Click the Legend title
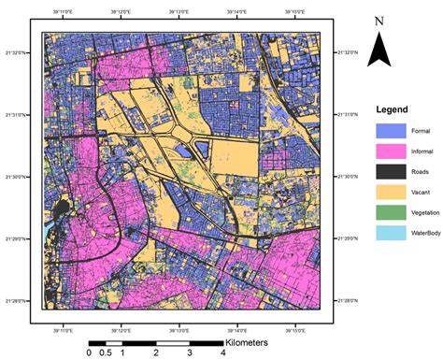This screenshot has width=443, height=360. (392, 108)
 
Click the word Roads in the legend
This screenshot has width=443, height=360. (418, 171)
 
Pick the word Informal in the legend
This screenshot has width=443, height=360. (421, 151)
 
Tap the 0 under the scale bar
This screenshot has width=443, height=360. (89, 353)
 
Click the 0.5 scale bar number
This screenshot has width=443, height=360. (106, 353)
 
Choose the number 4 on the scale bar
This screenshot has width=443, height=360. (222, 353)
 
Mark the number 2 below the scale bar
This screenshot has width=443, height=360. (155, 353)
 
